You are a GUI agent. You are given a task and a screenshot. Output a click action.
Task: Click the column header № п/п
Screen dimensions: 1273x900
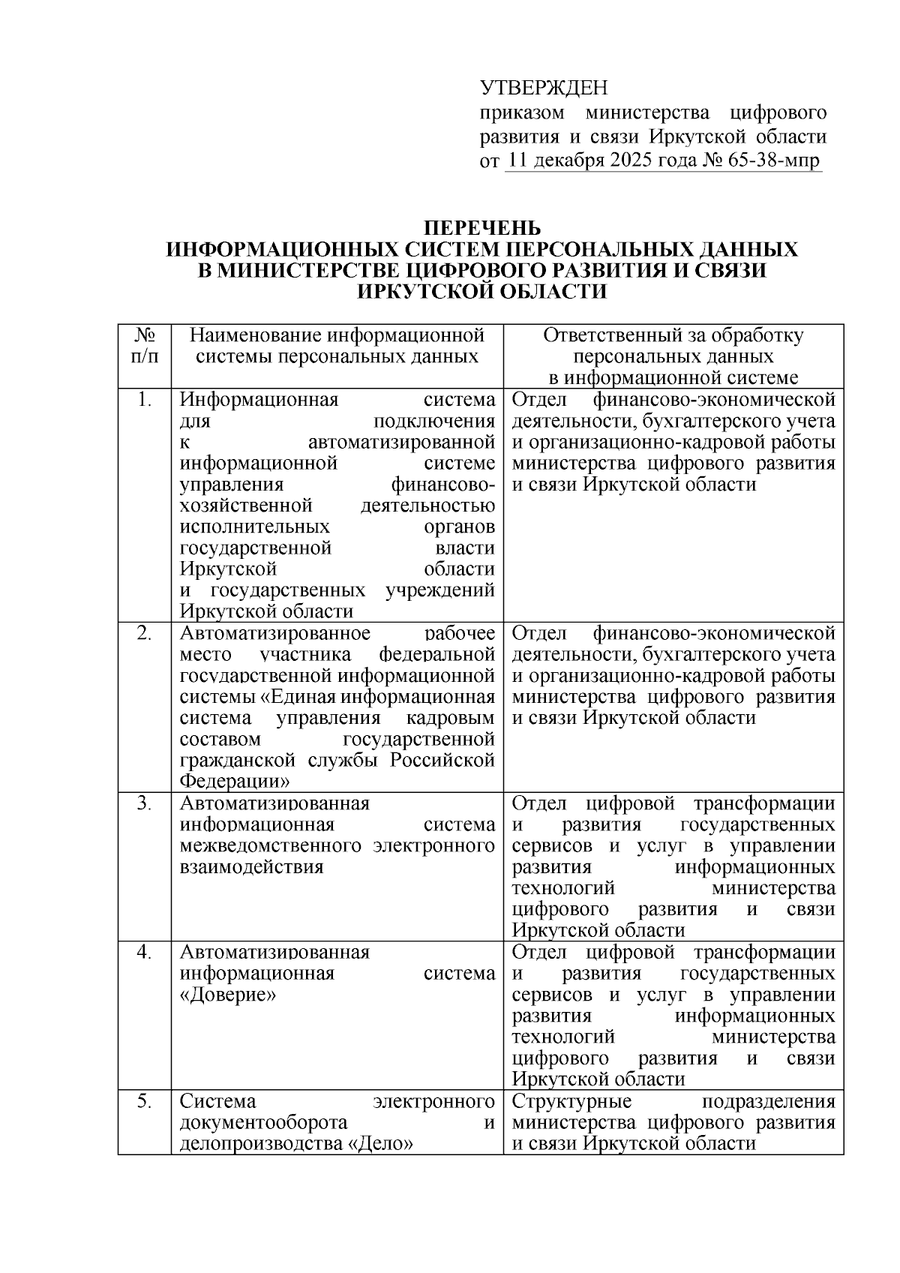pos(145,345)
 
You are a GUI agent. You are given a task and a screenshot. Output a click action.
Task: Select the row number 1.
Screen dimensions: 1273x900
pos(145,400)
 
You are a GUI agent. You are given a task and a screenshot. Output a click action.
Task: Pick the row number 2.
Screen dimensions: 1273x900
pos(145,633)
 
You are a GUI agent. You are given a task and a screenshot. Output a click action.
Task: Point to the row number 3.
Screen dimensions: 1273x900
pos(145,803)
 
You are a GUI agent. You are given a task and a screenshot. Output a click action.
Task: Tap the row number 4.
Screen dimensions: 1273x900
pos(145,952)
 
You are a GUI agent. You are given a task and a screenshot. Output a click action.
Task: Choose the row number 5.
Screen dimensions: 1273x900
pos(145,1101)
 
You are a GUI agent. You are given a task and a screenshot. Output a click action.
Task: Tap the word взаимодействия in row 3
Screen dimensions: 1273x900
pos(251,867)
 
